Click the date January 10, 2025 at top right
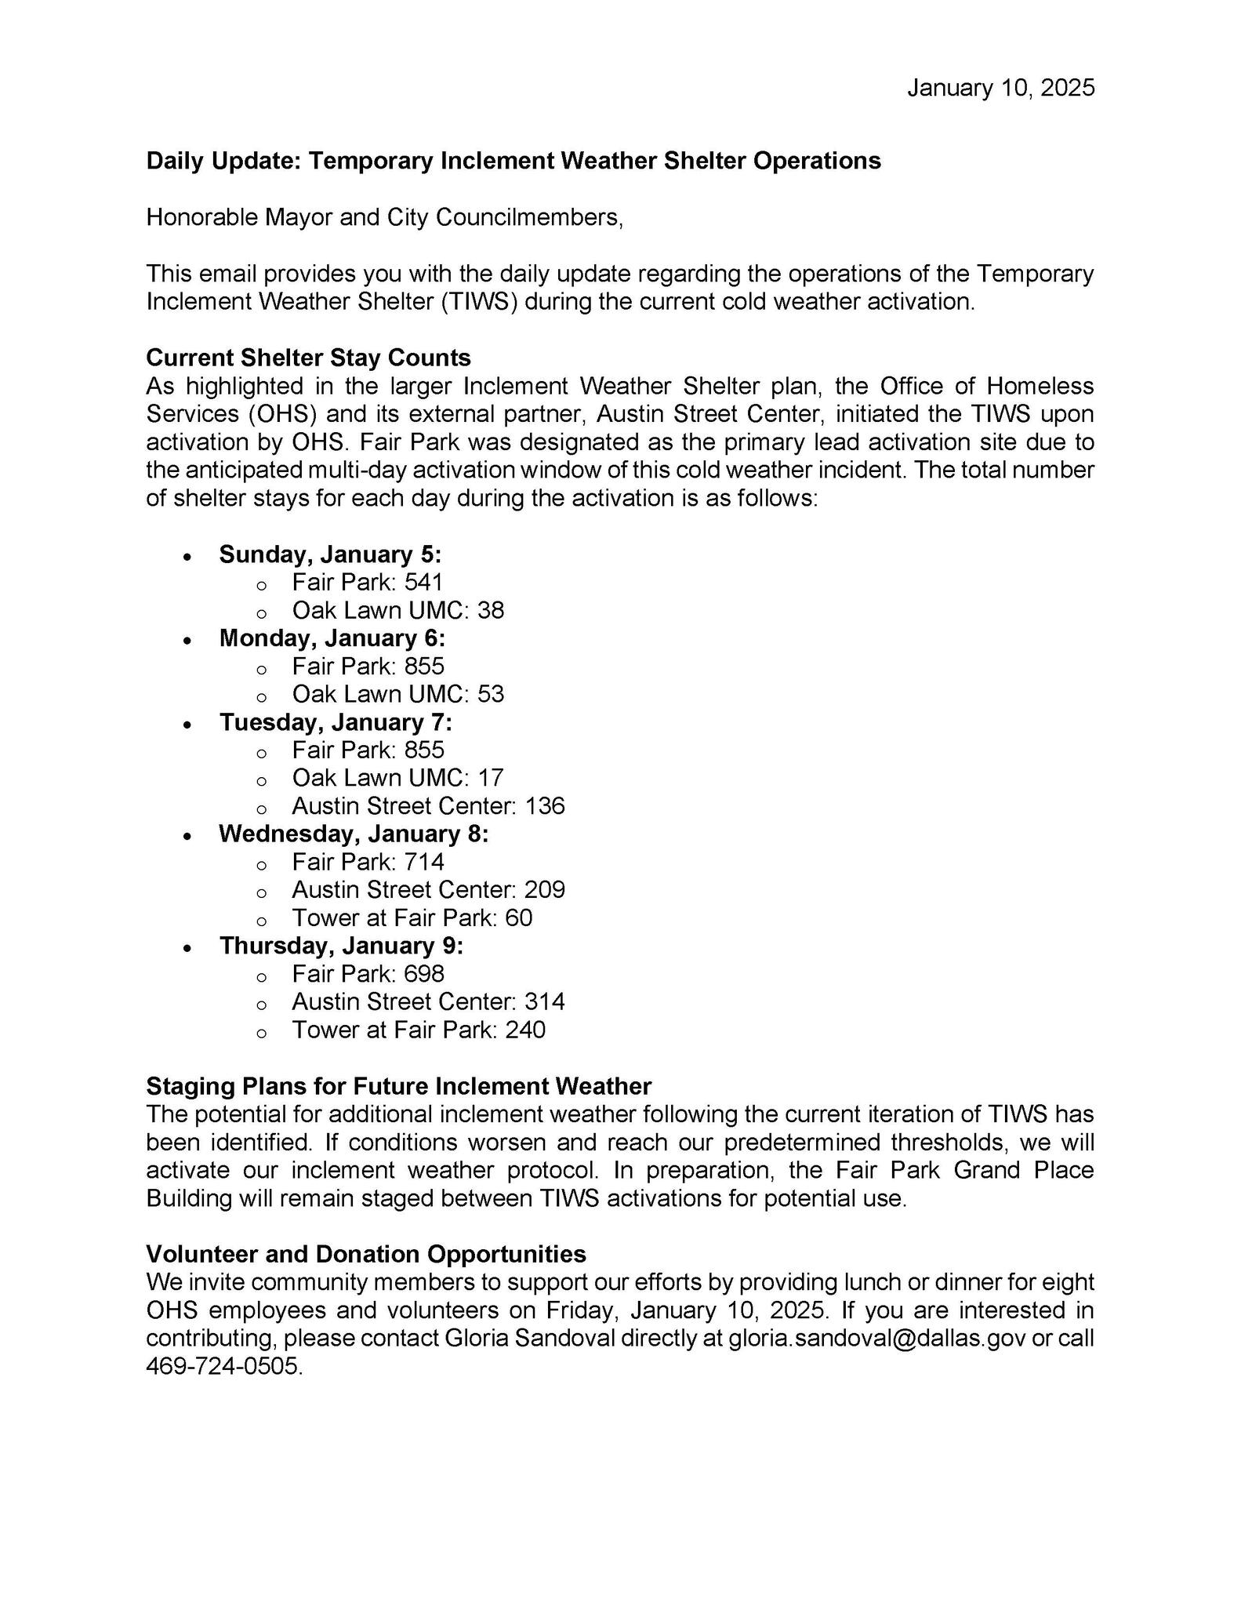(x=1000, y=88)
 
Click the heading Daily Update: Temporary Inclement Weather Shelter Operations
(x=513, y=161)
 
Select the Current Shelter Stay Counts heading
(x=308, y=358)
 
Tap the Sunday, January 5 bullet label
(x=330, y=554)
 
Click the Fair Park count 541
(x=424, y=582)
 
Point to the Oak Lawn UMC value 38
(x=490, y=610)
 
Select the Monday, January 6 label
(x=332, y=638)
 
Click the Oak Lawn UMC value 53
(x=490, y=694)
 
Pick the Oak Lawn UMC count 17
(x=490, y=778)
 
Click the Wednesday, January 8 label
(x=354, y=834)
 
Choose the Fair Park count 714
(x=424, y=862)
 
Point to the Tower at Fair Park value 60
(x=518, y=917)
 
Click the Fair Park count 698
(x=424, y=974)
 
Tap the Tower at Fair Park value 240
(x=524, y=1030)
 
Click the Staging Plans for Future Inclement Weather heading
(x=398, y=1086)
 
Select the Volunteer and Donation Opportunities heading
(x=366, y=1254)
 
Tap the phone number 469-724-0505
(x=223, y=1367)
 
